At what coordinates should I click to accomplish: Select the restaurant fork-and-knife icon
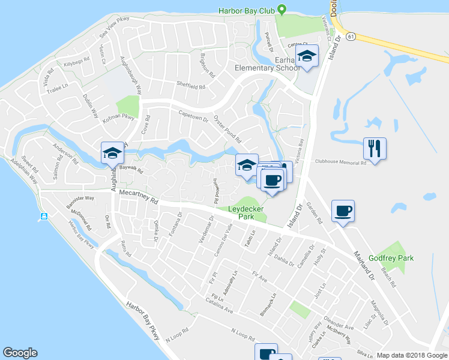[x=375, y=148]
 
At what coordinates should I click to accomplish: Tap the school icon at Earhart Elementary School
[x=307, y=56]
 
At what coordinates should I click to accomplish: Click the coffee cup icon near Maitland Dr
[x=343, y=211]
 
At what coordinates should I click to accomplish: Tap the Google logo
[x=20, y=353]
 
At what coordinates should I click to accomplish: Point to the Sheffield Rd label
[x=190, y=85]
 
